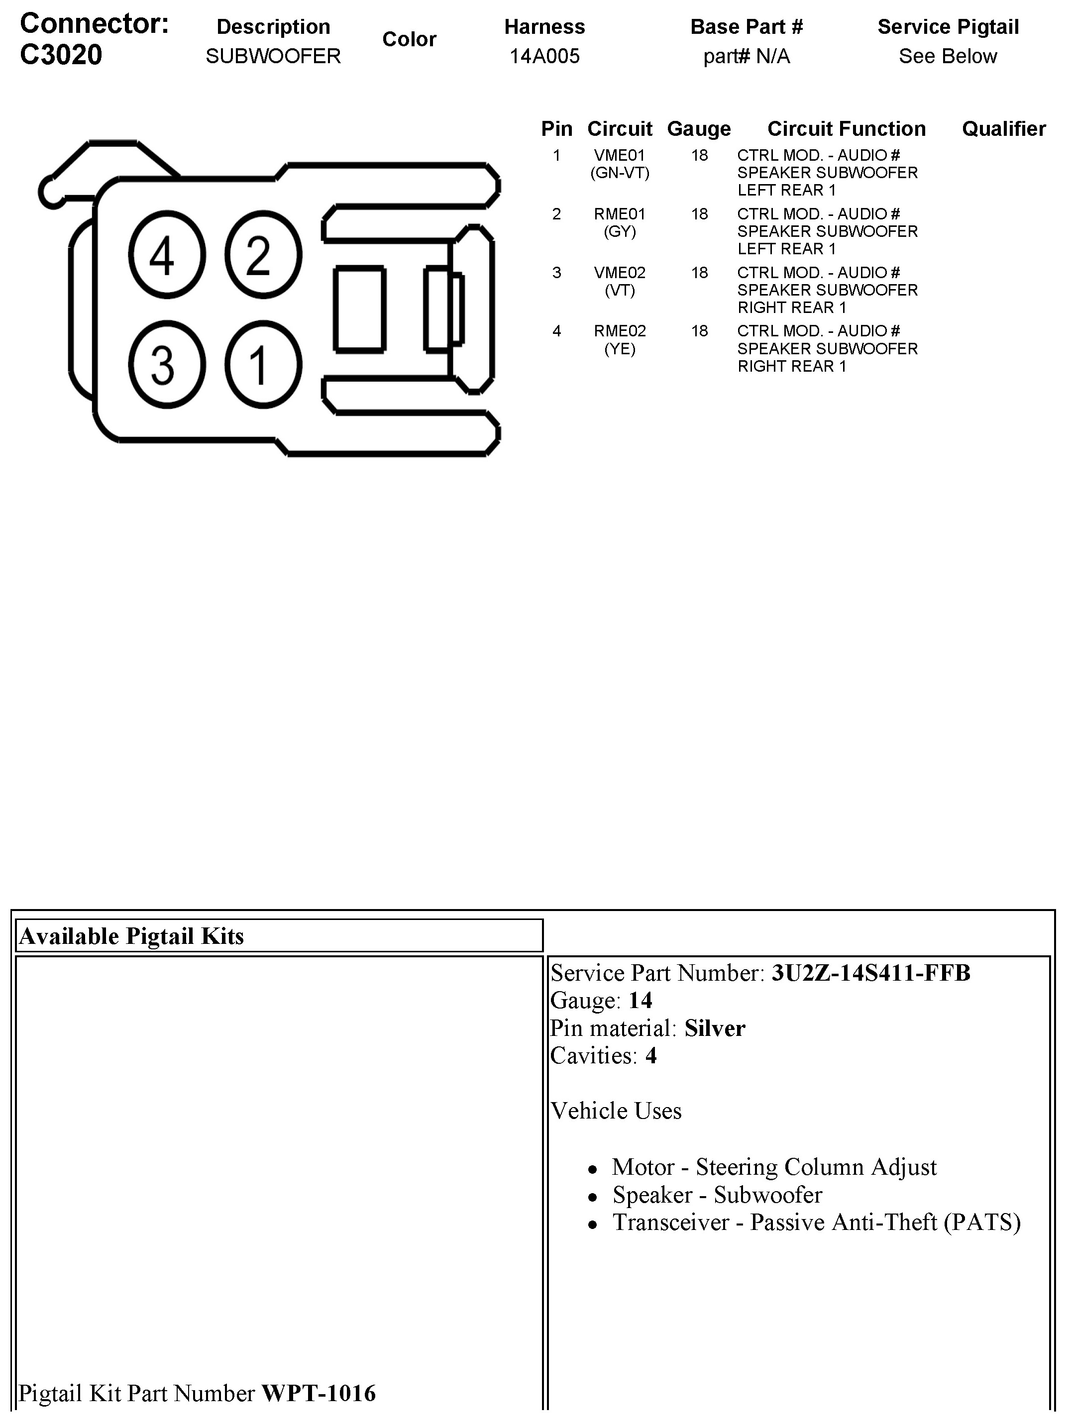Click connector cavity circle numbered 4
[166, 254]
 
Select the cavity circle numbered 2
[263, 254]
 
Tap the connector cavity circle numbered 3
[166, 365]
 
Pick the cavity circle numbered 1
[263, 365]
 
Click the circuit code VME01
[620, 155]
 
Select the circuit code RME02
[620, 331]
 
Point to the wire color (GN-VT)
[620, 173]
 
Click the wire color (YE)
[620, 349]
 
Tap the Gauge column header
[699, 129]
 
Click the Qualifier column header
[1003, 129]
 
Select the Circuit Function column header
[846, 129]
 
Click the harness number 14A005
[544, 56]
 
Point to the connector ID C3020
[61, 55]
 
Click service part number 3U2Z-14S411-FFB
[870, 973]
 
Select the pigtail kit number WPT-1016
[318, 1394]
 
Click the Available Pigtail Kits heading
[131, 936]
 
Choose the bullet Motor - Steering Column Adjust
[773, 1167]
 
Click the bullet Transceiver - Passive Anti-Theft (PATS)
[816, 1222]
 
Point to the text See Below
[947, 56]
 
